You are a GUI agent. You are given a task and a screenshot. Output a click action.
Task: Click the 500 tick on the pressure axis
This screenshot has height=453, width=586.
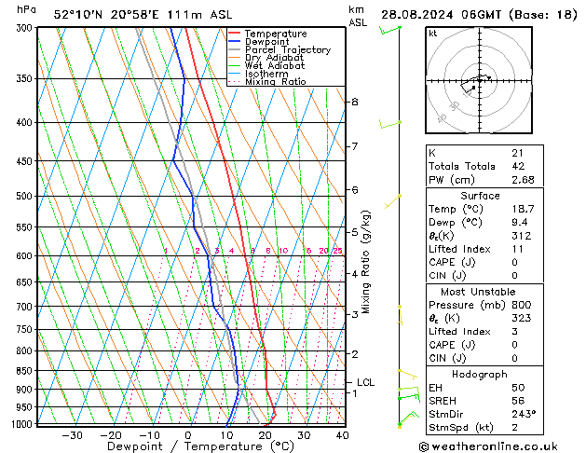pos(25,197)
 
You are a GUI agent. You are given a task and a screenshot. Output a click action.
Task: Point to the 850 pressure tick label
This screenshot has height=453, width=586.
pos(25,371)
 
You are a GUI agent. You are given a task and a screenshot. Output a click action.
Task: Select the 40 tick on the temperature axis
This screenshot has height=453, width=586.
pos(342,434)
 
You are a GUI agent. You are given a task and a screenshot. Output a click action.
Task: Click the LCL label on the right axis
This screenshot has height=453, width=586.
pos(365,382)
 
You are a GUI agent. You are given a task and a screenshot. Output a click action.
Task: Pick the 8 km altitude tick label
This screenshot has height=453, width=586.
pos(355,102)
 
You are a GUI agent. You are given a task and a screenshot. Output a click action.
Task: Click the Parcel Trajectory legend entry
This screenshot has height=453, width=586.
pos(287,50)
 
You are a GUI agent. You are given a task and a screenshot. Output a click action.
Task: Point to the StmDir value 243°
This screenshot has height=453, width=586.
pos(522,414)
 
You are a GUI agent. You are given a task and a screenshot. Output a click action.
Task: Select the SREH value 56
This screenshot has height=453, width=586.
pos(518,401)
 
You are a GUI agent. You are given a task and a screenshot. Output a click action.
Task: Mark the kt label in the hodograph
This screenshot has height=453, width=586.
pos(433,34)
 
